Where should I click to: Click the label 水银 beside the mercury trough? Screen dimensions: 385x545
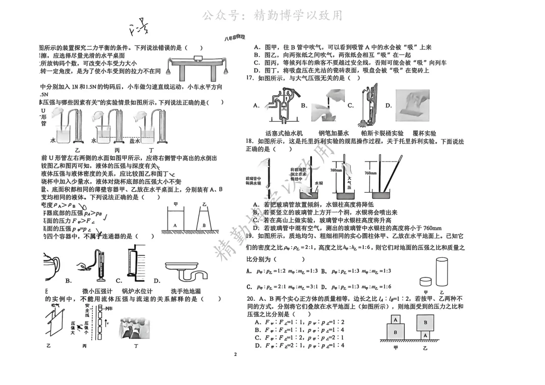click(x=318, y=184)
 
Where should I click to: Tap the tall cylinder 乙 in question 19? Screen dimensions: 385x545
click(x=442, y=272)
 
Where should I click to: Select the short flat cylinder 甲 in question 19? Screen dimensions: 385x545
click(x=427, y=282)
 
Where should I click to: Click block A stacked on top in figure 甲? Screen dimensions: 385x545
click(x=396, y=319)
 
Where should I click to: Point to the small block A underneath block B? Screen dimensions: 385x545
click(x=425, y=335)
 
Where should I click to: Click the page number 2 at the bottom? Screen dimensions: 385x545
click(x=235, y=354)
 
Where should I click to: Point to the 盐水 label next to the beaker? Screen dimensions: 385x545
click(x=135, y=141)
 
